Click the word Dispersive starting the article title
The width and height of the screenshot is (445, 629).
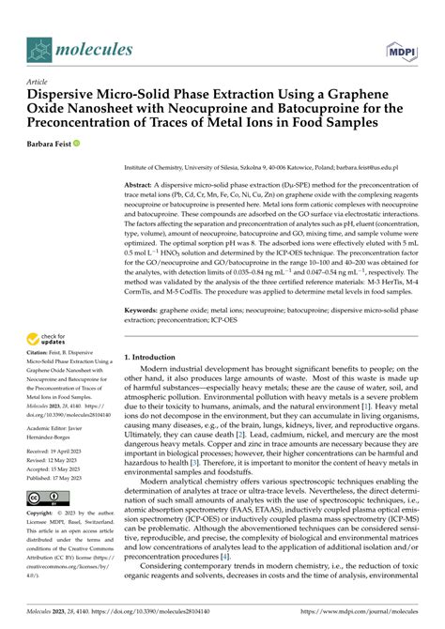(x=64, y=96)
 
